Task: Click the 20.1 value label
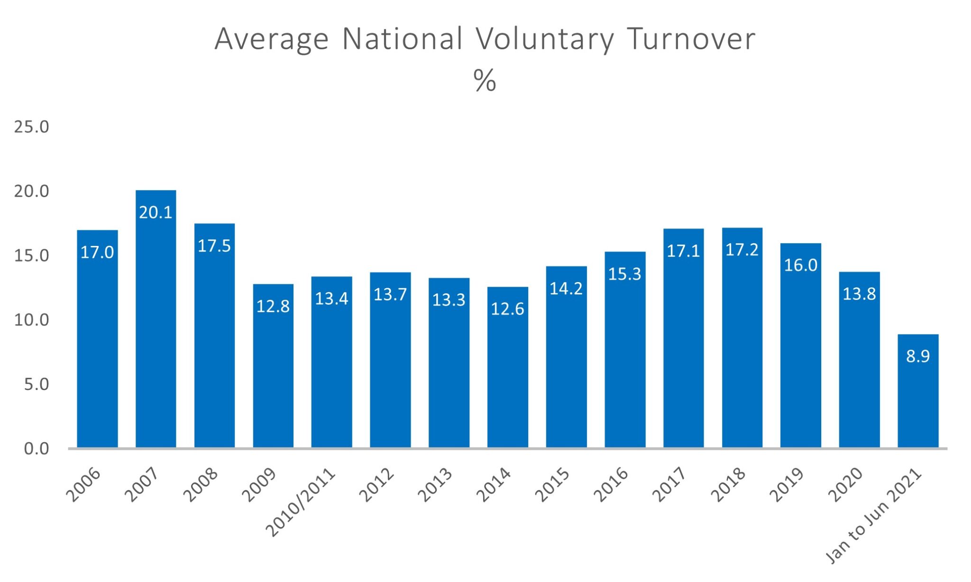click(156, 212)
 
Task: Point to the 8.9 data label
click(917, 356)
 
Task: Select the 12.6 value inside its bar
click(507, 309)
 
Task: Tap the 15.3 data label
click(624, 274)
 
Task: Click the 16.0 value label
click(800, 265)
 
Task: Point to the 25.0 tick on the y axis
click(31, 127)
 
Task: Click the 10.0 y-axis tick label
click(31, 320)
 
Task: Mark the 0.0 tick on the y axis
click(36, 449)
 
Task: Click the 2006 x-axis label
click(83, 485)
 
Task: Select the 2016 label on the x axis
click(611, 485)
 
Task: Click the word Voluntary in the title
click(545, 39)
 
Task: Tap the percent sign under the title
click(485, 81)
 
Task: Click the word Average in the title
click(271, 39)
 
